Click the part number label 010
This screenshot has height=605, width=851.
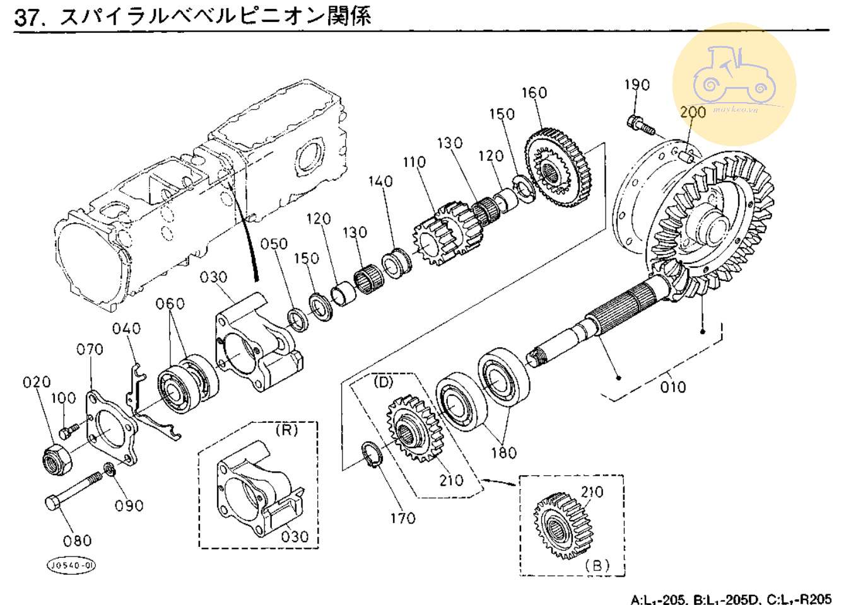click(x=672, y=387)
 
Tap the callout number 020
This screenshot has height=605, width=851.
click(x=37, y=382)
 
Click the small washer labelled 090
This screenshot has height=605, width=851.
click(x=109, y=470)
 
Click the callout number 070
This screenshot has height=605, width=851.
click(x=90, y=349)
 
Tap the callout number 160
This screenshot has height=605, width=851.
click(x=534, y=93)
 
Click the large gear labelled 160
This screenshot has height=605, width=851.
click(x=558, y=168)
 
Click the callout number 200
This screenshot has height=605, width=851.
click(x=693, y=112)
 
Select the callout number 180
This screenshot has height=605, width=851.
click(x=503, y=452)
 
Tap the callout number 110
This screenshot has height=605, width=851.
click(x=414, y=162)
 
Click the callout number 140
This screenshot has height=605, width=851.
click(x=380, y=181)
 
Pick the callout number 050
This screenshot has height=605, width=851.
click(x=274, y=244)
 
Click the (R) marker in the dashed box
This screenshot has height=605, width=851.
click(x=286, y=430)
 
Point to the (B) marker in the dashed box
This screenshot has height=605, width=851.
click(x=597, y=565)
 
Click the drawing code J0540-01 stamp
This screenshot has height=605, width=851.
click(x=72, y=565)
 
